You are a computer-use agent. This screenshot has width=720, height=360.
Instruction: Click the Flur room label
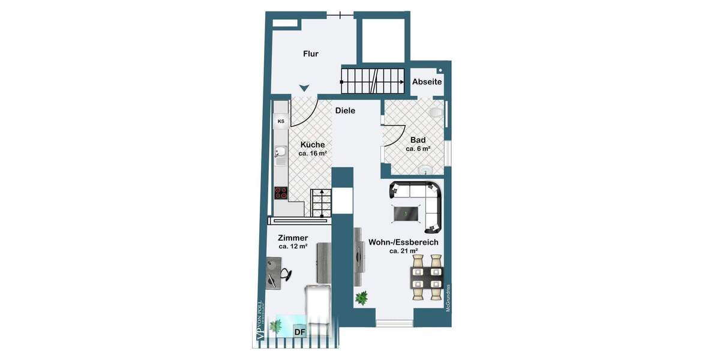coord(310,54)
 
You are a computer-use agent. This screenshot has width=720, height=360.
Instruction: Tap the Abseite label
coord(427,82)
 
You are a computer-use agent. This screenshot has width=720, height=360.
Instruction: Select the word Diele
coord(345,110)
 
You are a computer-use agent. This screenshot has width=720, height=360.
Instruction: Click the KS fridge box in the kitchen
coord(281,122)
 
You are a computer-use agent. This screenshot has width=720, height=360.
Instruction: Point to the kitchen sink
coord(280,155)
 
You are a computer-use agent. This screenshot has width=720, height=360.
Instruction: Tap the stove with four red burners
coord(281,193)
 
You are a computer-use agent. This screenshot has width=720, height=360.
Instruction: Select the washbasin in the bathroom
coord(426,170)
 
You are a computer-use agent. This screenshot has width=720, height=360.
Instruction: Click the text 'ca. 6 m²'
coord(418,149)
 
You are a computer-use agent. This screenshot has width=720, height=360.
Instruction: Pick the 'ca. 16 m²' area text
coord(313,154)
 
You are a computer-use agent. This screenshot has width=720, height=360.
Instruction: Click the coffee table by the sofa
coord(406,212)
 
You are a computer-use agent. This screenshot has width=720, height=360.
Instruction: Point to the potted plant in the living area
coord(361,298)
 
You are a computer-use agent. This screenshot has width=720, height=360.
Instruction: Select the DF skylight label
coord(299,331)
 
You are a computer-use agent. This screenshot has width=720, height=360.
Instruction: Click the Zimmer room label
coord(293,238)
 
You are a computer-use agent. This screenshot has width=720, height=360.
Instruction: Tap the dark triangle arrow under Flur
coord(304,88)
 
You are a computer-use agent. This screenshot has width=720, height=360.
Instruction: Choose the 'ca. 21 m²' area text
coord(403,251)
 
